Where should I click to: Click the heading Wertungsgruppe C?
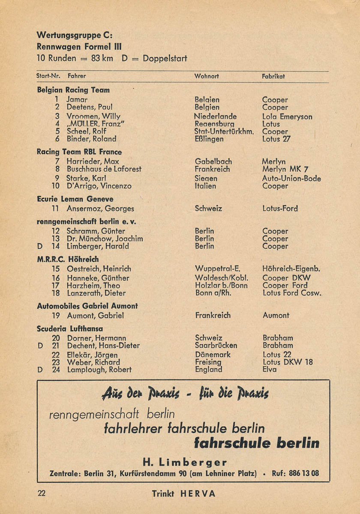pyautogui.click(x=74, y=35)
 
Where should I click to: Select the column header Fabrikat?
pyautogui.click(x=273, y=76)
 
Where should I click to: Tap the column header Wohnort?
pyautogui.click(x=207, y=76)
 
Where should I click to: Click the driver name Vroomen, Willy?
pyautogui.click(x=94, y=117)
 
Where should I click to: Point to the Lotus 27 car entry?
pyautogui.click(x=276, y=139)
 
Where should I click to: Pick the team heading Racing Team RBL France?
pyautogui.click(x=79, y=152)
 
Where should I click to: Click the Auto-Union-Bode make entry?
pyautogui.click(x=291, y=179)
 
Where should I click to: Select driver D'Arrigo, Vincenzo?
pyautogui.click(x=99, y=186)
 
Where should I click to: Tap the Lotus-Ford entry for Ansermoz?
pyautogui.click(x=280, y=209)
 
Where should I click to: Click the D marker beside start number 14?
pyautogui.click(x=40, y=246)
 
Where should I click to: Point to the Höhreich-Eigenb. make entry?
pyautogui.click(x=291, y=269)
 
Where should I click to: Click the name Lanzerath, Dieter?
pyautogui.click(x=96, y=293)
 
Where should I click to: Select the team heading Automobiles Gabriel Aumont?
pyautogui.click(x=87, y=306)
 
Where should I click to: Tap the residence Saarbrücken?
pyautogui.click(x=216, y=345)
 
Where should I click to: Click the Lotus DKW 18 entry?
pyautogui.click(x=288, y=362)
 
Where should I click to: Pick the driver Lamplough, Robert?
pyautogui.click(x=99, y=370)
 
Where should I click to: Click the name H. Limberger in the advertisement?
pyautogui.click(x=184, y=462)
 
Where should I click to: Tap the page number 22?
pyautogui.click(x=42, y=493)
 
